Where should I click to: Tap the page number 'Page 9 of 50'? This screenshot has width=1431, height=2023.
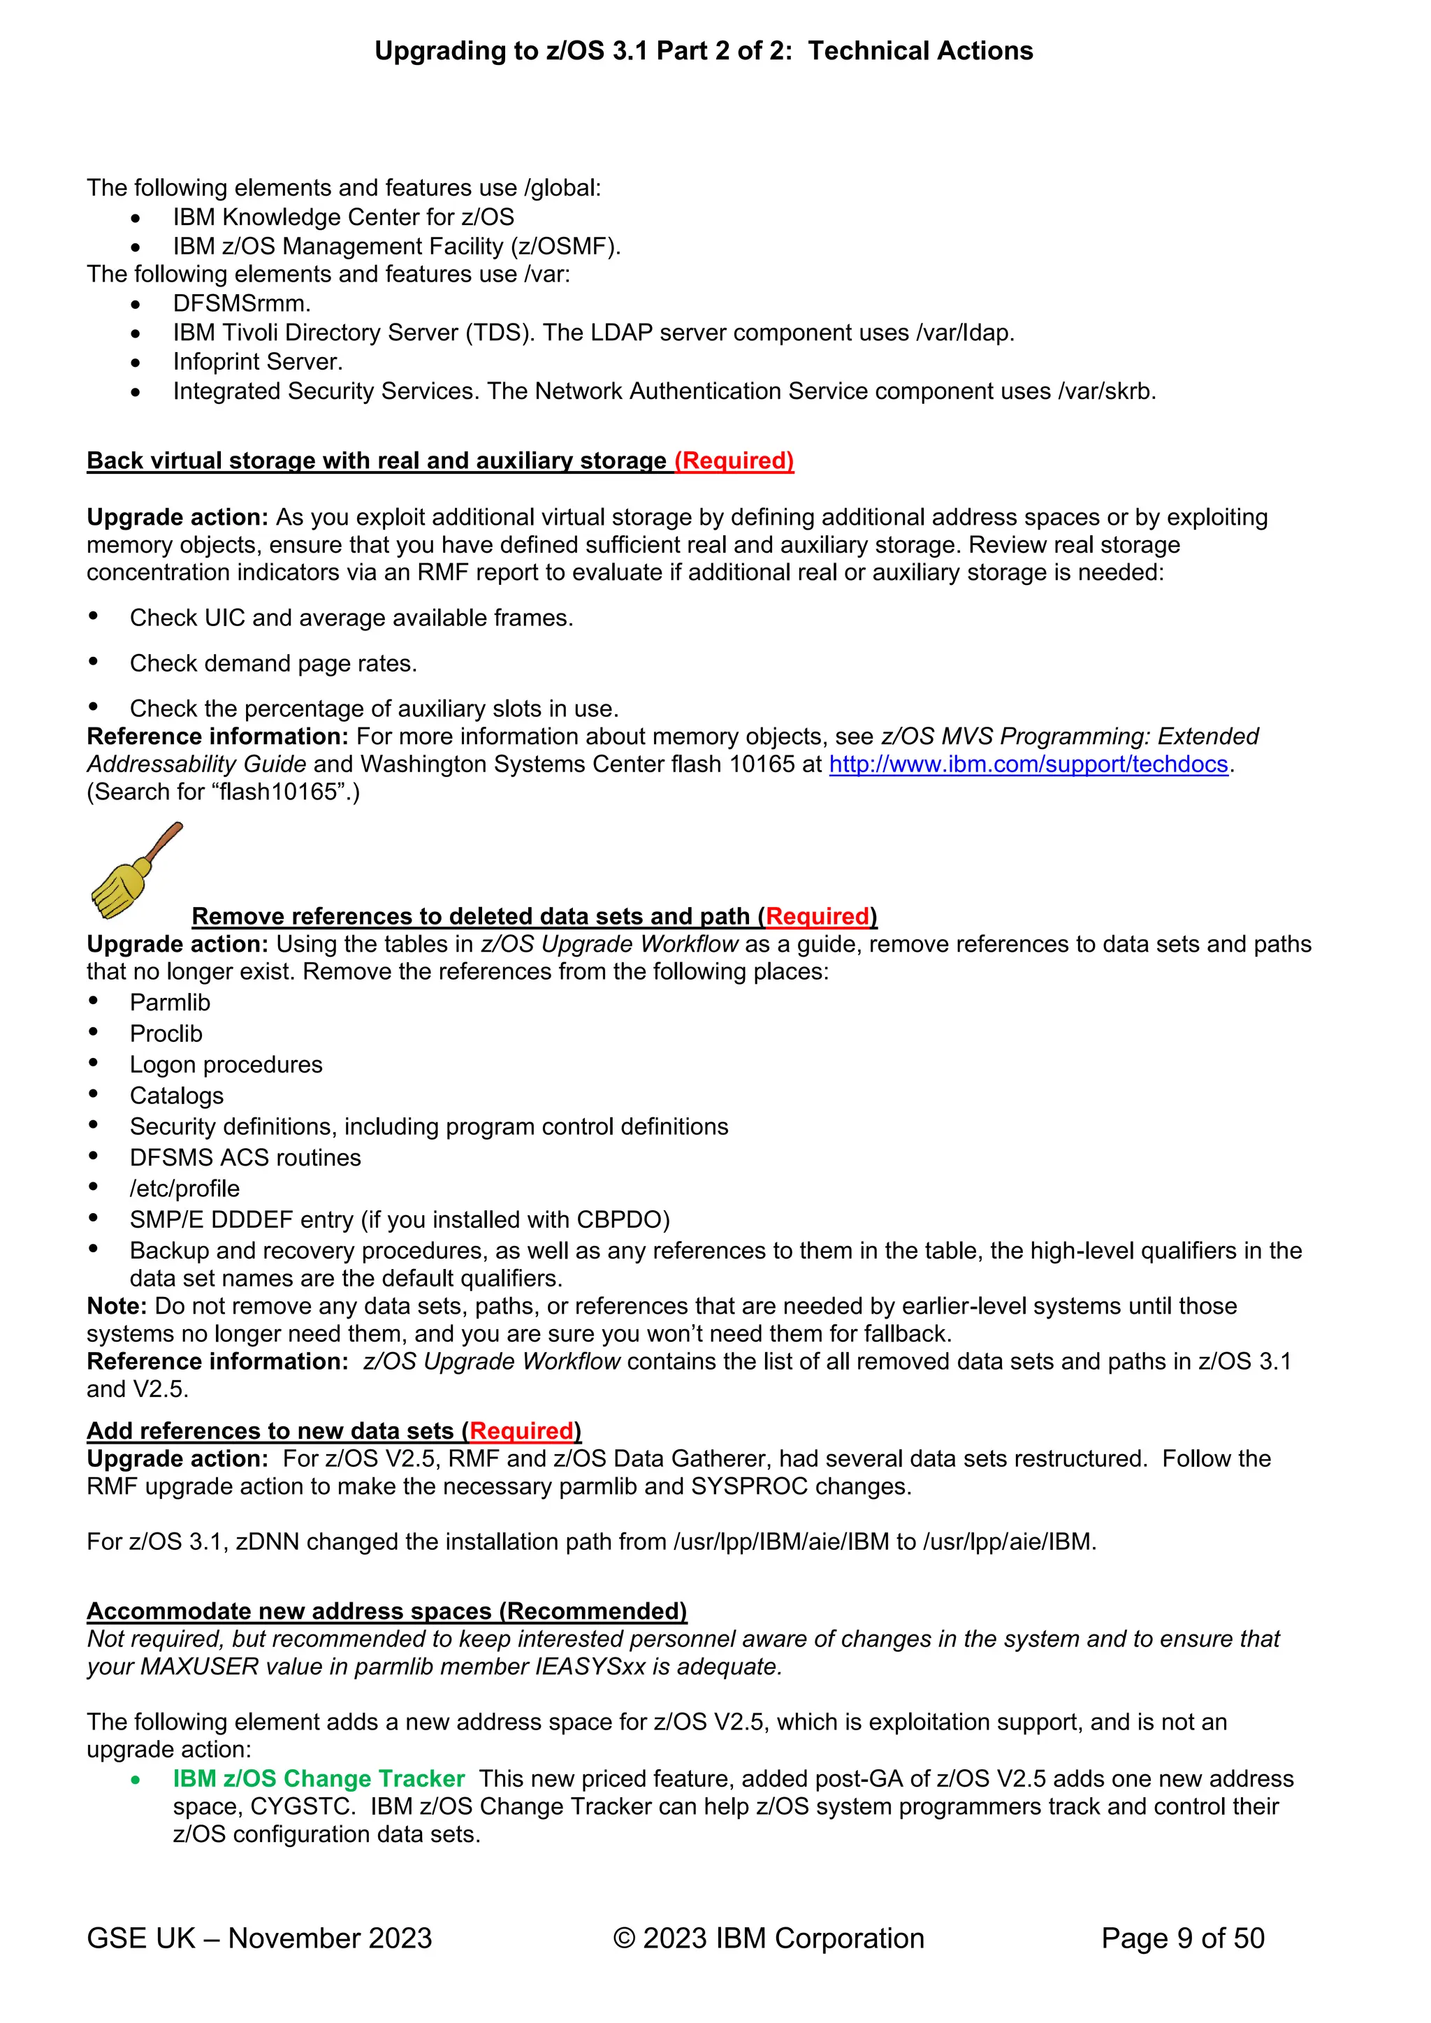(1182, 1938)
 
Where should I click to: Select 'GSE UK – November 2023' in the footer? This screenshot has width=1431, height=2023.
(259, 1938)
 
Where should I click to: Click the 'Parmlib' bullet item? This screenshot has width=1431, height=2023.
(169, 1003)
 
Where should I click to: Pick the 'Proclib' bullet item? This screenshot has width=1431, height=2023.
(166, 1034)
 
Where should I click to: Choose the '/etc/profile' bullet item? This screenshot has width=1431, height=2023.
(184, 1189)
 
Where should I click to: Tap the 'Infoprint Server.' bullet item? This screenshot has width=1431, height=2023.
(257, 362)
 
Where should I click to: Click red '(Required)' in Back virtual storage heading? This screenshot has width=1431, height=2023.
(734, 461)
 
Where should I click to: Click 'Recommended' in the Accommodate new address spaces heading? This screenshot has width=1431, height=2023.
(592, 1611)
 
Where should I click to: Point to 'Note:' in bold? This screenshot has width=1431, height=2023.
(116, 1306)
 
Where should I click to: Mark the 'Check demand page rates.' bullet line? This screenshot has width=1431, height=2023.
(273, 663)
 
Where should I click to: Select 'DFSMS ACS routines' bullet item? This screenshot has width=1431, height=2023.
(245, 1158)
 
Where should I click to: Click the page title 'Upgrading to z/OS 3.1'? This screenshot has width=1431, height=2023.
(510, 51)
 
